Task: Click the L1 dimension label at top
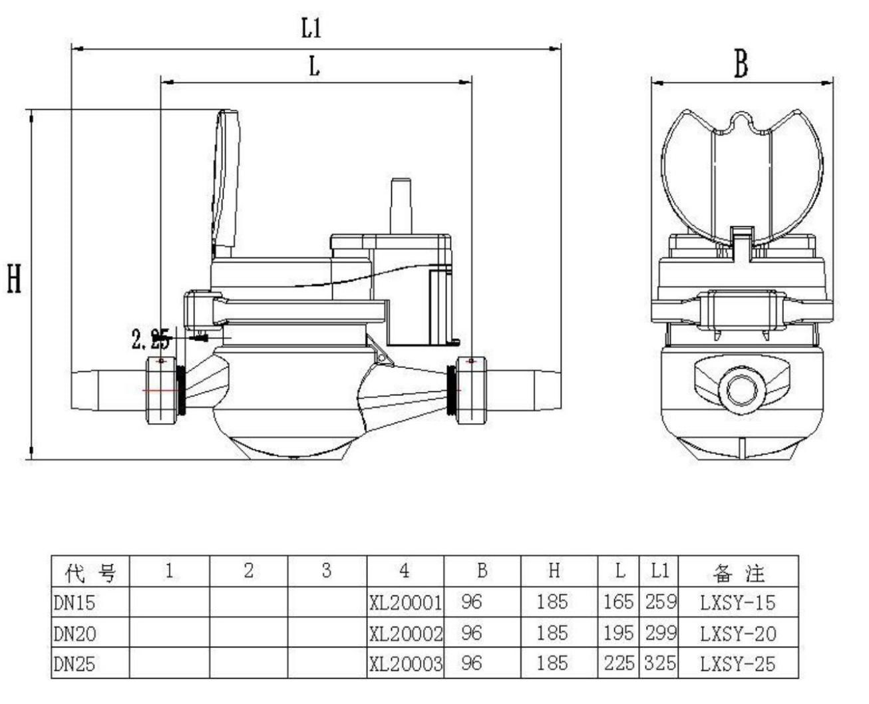pos(311,29)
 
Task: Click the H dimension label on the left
pos(14,279)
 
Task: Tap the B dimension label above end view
pos(741,65)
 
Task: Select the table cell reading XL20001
pos(405,603)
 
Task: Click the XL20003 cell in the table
pos(405,663)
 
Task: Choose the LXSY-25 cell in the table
pos(738,663)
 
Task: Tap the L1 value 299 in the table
pos(660,633)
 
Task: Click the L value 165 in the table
pos(618,603)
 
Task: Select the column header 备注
pos(738,572)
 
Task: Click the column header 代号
pos(90,572)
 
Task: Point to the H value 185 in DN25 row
pos(552,663)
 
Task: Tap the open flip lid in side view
pos(227,180)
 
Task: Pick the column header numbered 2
pos(249,571)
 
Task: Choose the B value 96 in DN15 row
pos(471,603)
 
